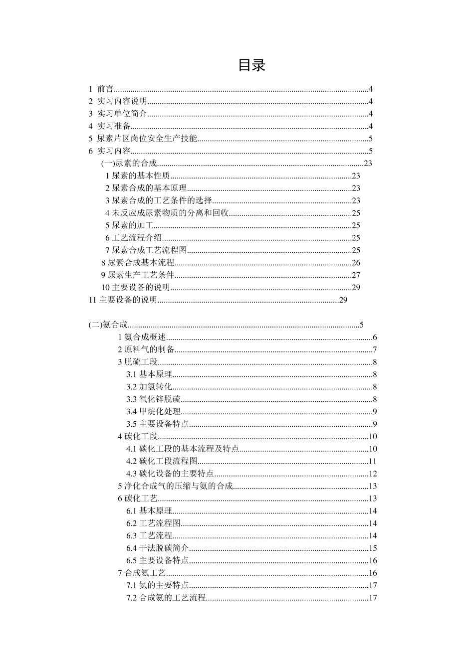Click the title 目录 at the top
tap(251, 65)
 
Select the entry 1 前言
tap(101, 89)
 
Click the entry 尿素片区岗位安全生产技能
tap(147, 139)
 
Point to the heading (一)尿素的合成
tap(129, 164)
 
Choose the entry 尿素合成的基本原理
tap(146, 188)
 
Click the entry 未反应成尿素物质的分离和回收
tap(167, 213)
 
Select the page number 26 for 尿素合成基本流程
tap(356, 263)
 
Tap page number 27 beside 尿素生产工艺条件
tap(356, 275)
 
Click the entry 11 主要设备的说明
tap(123, 300)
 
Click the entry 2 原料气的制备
tap(146, 350)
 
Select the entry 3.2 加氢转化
tap(149, 387)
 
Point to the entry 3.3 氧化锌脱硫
tap(153, 399)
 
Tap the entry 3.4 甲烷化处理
tap(153, 412)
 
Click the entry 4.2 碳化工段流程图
tap(162, 462)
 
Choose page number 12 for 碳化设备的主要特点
tap(373, 474)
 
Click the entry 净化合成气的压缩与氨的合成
tap(175, 487)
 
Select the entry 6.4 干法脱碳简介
tap(157, 548)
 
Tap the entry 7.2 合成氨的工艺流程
tap(166, 598)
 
